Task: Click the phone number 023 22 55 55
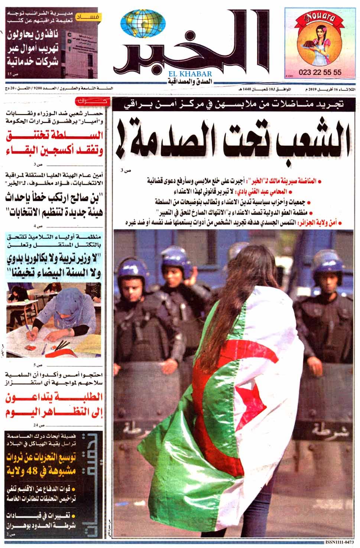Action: point(320,73)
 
